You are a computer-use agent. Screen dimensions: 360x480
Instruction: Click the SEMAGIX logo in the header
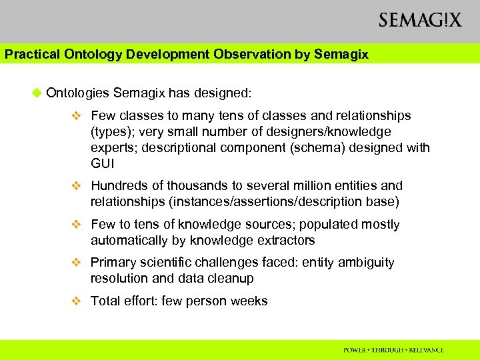[419, 20]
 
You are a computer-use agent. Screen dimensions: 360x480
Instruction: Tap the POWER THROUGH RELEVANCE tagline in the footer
[393, 350]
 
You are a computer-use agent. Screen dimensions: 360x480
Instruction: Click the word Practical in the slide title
[28, 55]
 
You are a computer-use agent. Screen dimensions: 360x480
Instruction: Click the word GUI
[102, 163]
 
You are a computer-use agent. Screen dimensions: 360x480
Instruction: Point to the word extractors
[287, 240]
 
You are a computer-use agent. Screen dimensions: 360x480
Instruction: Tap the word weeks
[249, 301]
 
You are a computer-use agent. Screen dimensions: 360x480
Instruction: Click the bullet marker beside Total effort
[77, 301]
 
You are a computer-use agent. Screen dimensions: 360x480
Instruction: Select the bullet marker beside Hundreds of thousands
[77, 186]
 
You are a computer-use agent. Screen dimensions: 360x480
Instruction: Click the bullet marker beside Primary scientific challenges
[77, 263]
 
